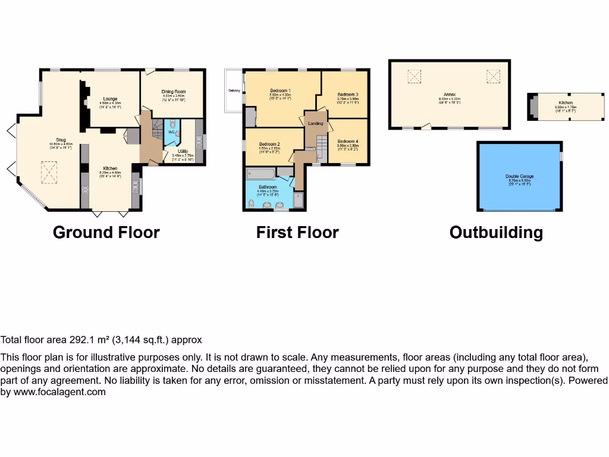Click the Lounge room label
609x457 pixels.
[x=109, y=99]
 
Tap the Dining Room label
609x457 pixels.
[x=174, y=92]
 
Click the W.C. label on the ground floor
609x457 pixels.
[x=171, y=132]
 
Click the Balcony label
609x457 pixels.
[x=234, y=90]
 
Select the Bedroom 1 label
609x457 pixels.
[x=280, y=90]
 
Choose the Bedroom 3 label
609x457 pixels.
[x=348, y=95]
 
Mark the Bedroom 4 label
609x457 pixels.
[x=348, y=141]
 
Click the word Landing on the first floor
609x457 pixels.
[x=315, y=123]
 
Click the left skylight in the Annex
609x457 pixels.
[x=413, y=76]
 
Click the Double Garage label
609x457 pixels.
[x=519, y=176]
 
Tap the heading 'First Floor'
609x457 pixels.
[x=297, y=232]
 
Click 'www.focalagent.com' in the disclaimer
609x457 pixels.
[x=59, y=392]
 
